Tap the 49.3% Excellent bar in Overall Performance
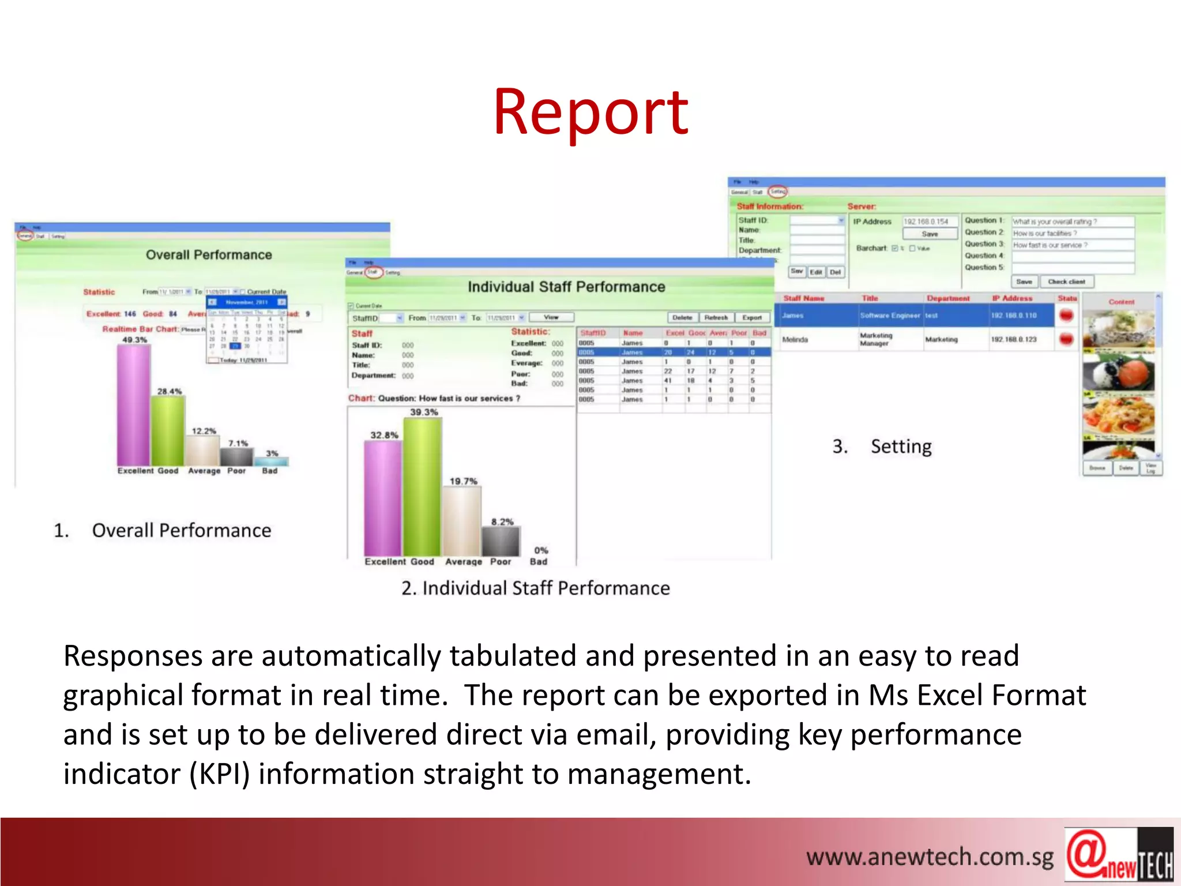coord(133,404)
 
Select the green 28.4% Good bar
coord(168,430)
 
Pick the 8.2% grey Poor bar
coord(501,541)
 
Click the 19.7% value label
coord(463,481)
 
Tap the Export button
coord(751,317)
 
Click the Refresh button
coord(716,317)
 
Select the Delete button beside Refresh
coord(682,317)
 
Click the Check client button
coord(1066,281)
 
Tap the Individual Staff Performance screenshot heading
coord(566,287)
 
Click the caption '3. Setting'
coord(882,446)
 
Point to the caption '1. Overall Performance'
coord(162,530)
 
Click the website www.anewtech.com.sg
coord(929,857)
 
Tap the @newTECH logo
coord(1118,855)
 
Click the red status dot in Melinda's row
coord(1066,339)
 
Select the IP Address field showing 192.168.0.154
coord(929,221)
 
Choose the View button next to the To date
coord(551,317)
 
